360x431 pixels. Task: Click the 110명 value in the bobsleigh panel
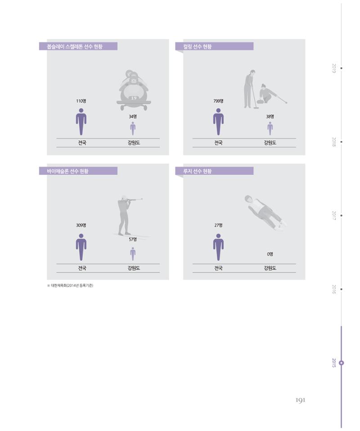pos(81,101)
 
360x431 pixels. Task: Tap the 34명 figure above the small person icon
pos(133,117)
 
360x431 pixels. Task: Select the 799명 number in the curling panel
pos(218,101)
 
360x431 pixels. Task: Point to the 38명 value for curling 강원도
pos(270,117)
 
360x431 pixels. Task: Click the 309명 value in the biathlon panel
pos(81,225)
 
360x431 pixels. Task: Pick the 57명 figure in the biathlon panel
pos(133,240)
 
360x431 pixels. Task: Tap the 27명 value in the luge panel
pos(218,225)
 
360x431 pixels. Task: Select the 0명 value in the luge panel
pos(270,254)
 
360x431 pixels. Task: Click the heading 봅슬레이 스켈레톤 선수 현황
pos(75,46)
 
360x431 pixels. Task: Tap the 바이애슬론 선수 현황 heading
pos(67,171)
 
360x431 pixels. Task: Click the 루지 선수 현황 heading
pos(198,171)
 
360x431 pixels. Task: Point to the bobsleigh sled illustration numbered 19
pos(134,91)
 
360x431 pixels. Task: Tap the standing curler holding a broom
pos(249,89)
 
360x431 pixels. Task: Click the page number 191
pos(300,400)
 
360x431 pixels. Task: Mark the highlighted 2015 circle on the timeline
pos(342,363)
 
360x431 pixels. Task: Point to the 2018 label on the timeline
pos(334,142)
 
